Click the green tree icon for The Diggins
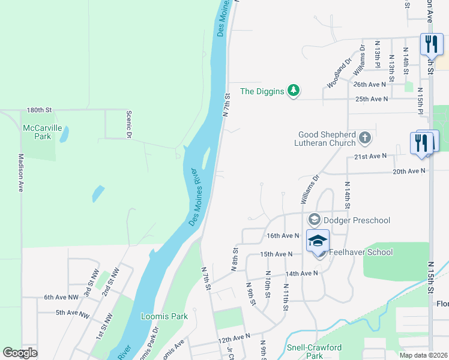pos(294,91)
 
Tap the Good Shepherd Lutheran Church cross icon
pos(364,139)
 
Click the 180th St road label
pos(40,110)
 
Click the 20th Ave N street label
pos(409,171)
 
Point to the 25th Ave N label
pos(372,98)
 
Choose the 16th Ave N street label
pos(283,236)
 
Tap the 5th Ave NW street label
pos(72,313)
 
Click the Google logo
pos(20,353)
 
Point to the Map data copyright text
pos(424,355)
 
